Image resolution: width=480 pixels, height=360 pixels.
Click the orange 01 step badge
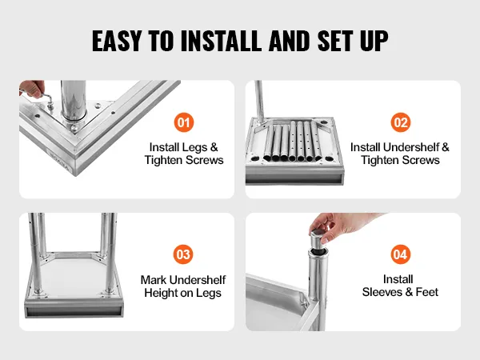pyautogui.click(x=184, y=122)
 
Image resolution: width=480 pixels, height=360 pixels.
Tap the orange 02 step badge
pyautogui.click(x=401, y=122)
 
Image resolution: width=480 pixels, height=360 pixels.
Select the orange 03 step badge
pyautogui.click(x=183, y=254)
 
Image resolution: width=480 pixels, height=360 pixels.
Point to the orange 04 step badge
pyautogui.click(x=401, y=254)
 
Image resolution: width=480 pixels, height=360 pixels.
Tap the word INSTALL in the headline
pyautogui.click(x=222, y=41)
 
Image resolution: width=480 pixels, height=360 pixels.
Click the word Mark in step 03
pyautogui.click(x=154, y=280)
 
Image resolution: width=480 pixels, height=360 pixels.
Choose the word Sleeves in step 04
pyautogui.click(x=382, y=292)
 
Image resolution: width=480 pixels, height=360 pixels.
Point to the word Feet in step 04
pyautogui.click(x=426, y=292)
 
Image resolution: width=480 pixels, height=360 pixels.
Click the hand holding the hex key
pyautogui.click(x=32, y=89)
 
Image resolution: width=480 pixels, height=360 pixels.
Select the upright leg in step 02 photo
pyautogui.click(x=259, y=102)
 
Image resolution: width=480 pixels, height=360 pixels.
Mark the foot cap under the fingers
pyautogui.click(x=318, y=240)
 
